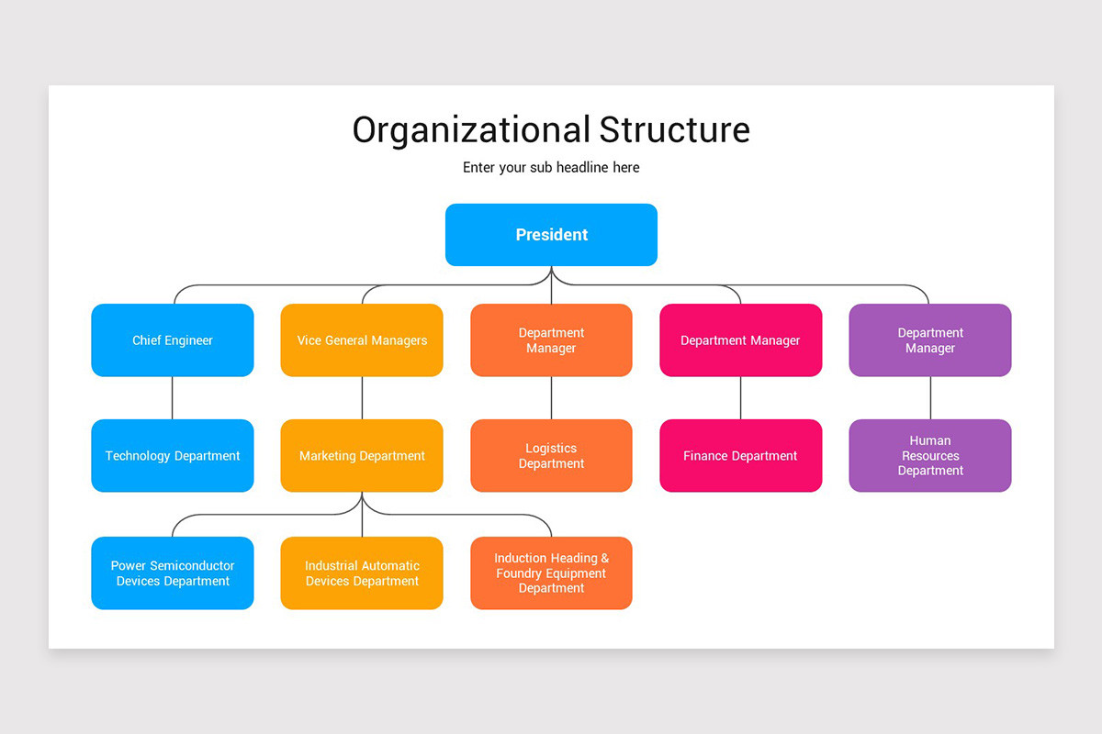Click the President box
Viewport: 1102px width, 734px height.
coord(551,235)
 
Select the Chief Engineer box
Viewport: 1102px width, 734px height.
coord(173,340)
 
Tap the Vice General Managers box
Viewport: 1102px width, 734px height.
coord(362,340)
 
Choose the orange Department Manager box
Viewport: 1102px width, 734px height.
coord(551,340)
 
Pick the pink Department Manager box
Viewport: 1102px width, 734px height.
coord(740,340)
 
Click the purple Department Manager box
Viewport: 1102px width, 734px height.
coord(930,340)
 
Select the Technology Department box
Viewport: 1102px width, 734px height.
coord(173,456)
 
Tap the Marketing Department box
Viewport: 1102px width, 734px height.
coord(362,456)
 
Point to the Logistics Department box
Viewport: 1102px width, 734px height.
coord(551,456)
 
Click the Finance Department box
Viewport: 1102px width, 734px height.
coord(740,456)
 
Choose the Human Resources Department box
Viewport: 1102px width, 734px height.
coord(930,456)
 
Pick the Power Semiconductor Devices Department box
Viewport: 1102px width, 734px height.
coord(173,573)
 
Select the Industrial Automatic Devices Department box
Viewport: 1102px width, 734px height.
coord(362,573)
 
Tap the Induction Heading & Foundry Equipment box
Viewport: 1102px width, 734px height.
coord(551,573)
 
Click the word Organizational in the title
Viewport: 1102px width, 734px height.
coord(471,130)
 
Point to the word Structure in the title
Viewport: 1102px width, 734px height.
coord(675,130)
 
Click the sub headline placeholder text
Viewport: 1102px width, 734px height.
coord(551,168)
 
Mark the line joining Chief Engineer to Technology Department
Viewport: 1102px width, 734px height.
coord(173,398)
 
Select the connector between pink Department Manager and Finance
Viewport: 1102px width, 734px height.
coord(740,398)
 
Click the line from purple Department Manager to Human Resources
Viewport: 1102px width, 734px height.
coord(930,398)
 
